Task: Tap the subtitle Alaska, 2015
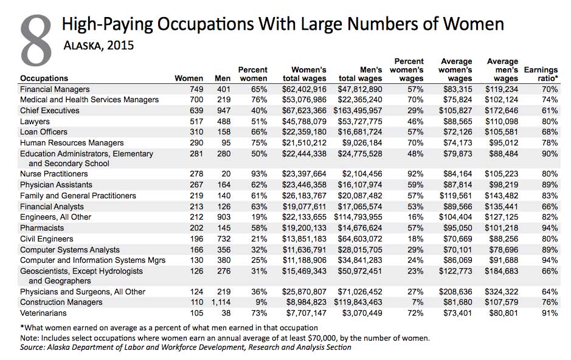coord(99,46)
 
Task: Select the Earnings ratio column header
coord(541,74)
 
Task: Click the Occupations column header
coord(44,78)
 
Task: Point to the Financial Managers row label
coord(55,89)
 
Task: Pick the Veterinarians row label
coord(43,313)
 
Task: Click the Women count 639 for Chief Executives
coord(196,111)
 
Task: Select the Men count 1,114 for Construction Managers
coord(221,302)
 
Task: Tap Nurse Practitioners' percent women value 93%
coord(259,174)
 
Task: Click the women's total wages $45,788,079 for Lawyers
coord(304,122)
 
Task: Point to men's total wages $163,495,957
coord(358,111)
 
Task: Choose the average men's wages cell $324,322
coord(501,292)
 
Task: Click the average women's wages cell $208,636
coord(455,292)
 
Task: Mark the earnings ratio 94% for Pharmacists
coord(550,228)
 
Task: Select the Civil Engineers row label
coord(47,239)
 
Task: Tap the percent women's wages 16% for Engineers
coord(415,217)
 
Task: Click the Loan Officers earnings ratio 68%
coord(550,132)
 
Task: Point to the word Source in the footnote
coord(32,347)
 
